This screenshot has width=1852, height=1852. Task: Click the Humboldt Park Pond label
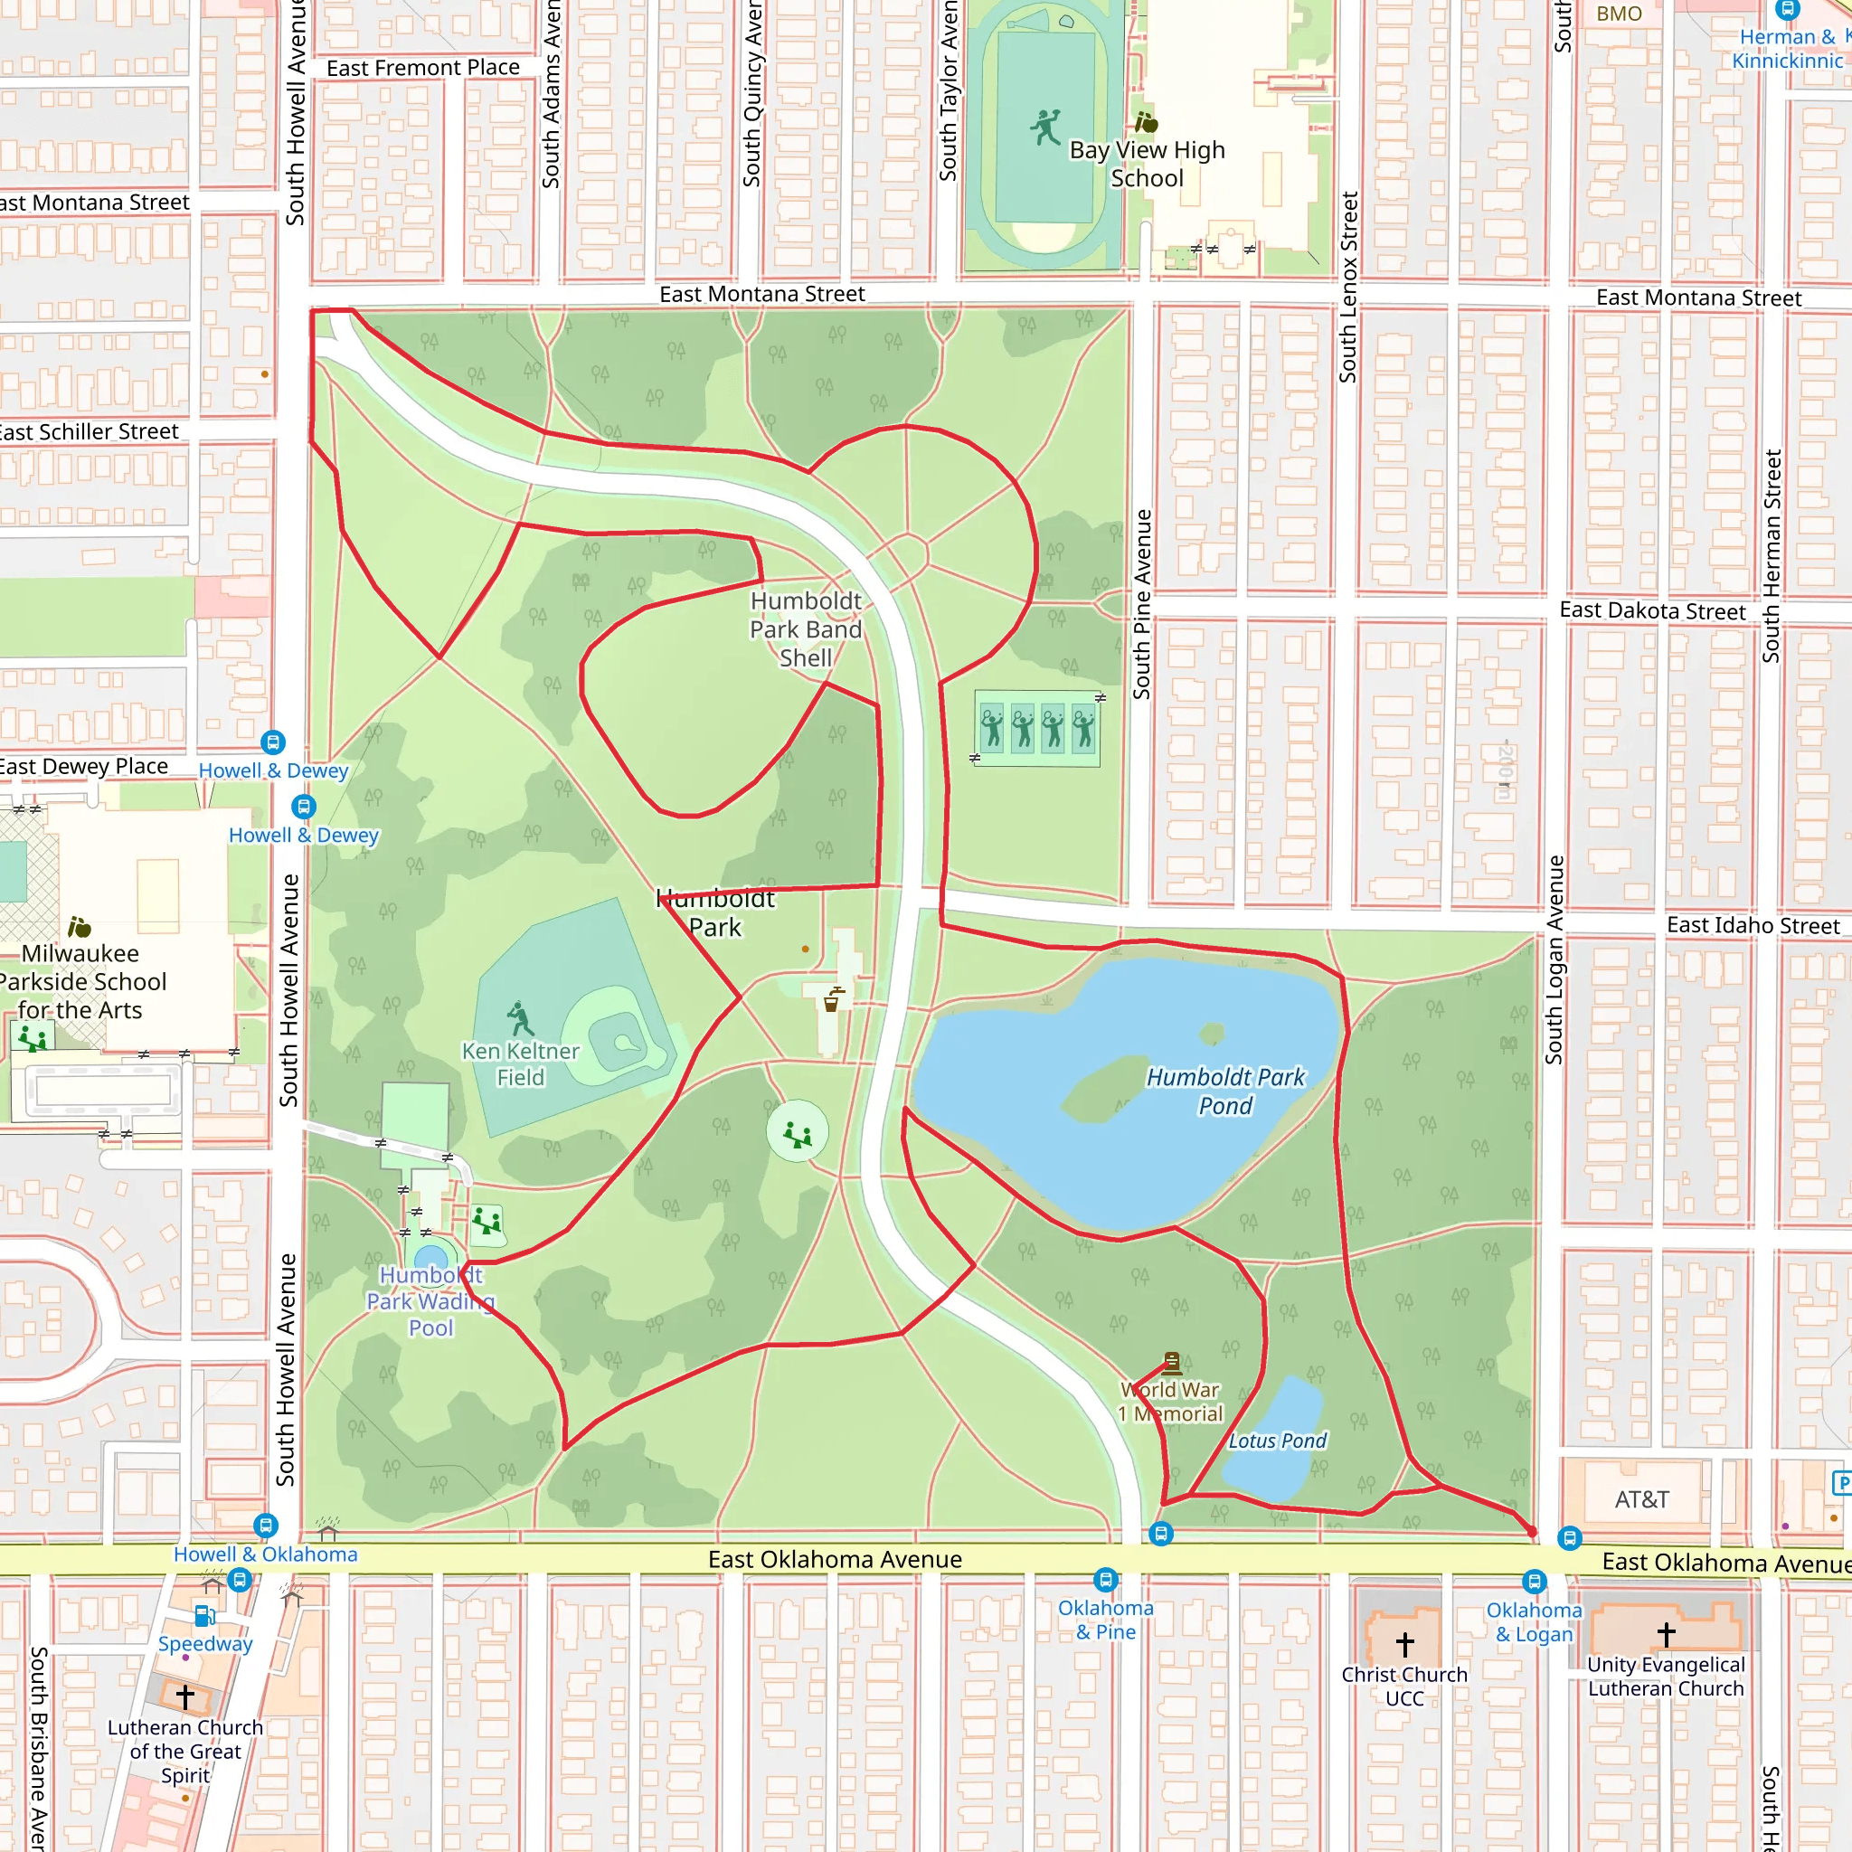click(x=1225, y=1091)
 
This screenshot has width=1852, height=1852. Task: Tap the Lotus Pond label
click(x=1277, y=1441)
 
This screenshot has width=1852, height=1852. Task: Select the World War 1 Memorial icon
click(x=1171, y=1362)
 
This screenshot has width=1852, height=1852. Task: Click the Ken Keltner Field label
click(x=521, y=1064)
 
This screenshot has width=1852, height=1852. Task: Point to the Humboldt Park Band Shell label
click(x=805, y=628)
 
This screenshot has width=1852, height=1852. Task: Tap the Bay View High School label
click(x=1148, y=164)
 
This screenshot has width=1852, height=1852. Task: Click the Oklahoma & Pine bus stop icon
click(x=1105, y=1579)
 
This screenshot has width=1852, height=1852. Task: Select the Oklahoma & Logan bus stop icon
click(x=1534, y=1581)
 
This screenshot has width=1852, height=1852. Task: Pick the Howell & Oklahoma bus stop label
click(x=266, y=1554)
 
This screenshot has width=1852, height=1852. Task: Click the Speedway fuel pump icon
click(x=205, y=1616)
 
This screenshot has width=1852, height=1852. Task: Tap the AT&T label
click(x=1641, y=1499)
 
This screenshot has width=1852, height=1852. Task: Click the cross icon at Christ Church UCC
click(x=1404, y=1644)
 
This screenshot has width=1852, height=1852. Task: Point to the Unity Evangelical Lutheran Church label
click(x=1666, y=1677)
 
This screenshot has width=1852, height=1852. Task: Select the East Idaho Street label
click(x=1753, y=925)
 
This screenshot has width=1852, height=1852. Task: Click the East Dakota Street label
click(x=1653, y=610)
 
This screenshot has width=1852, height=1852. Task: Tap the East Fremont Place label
click(x=422, y=68)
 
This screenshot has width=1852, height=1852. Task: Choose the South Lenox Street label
click(x=1348, y=288)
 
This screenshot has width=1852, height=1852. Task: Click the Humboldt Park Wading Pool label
click(x=431, y=1300)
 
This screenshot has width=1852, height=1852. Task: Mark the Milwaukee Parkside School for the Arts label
click(x=81, y=981)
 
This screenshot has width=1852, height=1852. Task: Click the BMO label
click(x=1619, y=14)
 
